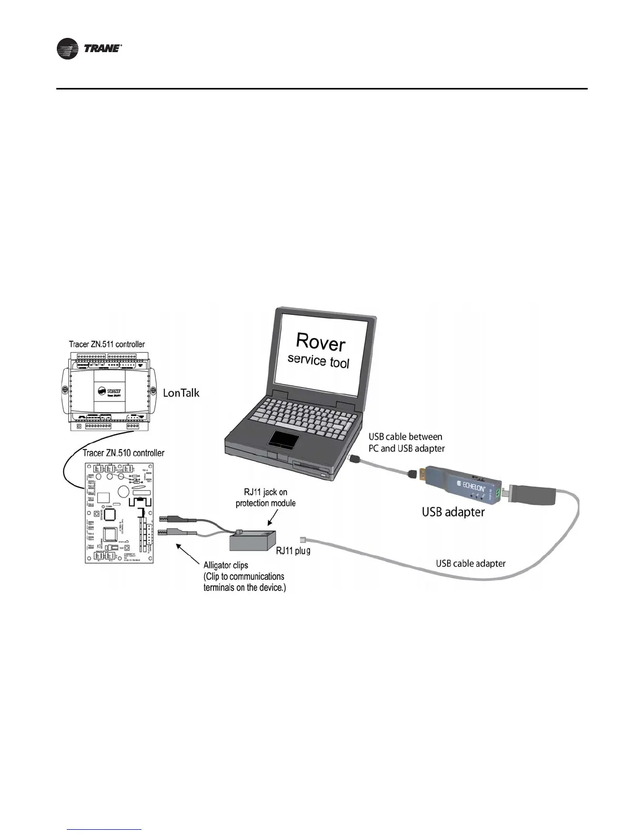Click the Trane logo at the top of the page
tap(89, 49)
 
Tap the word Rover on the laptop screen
tap(320, 342)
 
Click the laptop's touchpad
tap(284, 438)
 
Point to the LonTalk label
tap(181, 393)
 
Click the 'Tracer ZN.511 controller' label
tap(107, 344)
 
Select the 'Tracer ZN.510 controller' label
tap(124, 453)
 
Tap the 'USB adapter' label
tap(453, 511)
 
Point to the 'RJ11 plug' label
tap(294, 551)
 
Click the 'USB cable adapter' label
tap(470, 563)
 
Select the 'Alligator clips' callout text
tap(226, 565)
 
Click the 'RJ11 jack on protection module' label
tap(265, 498)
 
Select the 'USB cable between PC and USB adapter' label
tap(406, 442)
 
